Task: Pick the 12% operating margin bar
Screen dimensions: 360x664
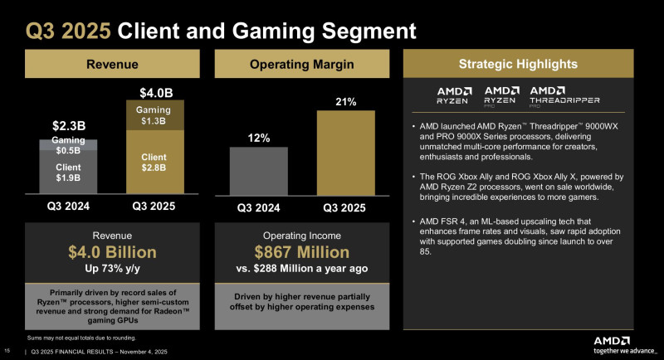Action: [257, 172]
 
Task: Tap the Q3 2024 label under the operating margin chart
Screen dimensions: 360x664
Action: [257, 207]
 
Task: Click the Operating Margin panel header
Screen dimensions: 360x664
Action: [302, 64]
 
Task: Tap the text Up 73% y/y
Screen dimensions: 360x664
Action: [112, 270]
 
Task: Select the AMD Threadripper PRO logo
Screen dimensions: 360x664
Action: [554, 95]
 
